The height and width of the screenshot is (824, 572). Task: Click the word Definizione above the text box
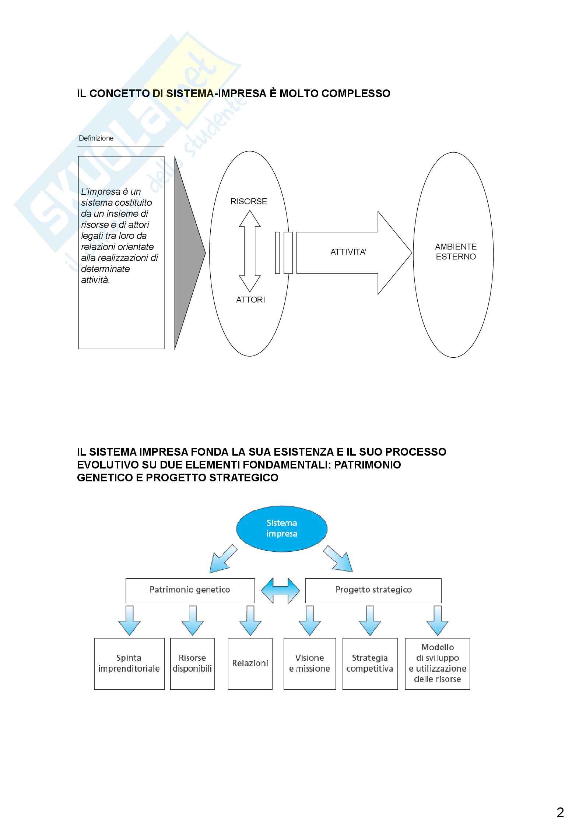[96, 138]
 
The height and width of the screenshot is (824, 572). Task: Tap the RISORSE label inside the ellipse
[249, 201]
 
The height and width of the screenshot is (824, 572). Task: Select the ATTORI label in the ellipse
[250, 300]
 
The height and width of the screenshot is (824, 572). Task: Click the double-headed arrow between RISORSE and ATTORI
[250, 251]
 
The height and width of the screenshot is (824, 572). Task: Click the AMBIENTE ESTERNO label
[456, 252]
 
